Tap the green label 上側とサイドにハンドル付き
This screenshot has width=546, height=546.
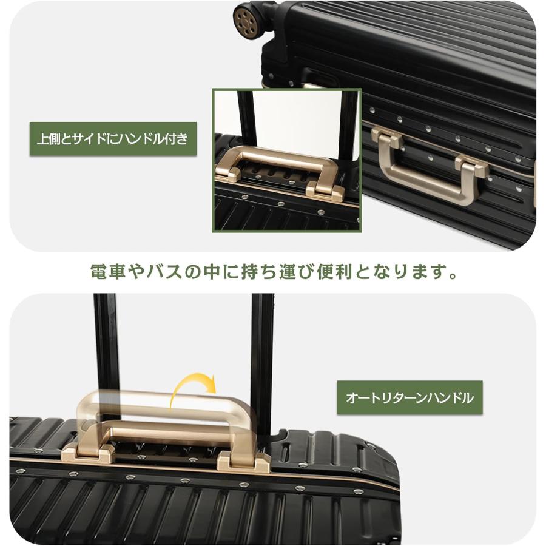click(113, 139)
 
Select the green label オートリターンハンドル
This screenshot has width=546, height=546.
click(409, 398)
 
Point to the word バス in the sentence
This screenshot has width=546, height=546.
click(164, 271)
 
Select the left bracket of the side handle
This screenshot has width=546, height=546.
click(386, 139)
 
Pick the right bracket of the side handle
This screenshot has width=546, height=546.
click(473, 166)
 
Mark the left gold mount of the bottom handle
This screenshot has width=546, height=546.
click(90, 453)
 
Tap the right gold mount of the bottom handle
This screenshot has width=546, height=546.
click(243, 461)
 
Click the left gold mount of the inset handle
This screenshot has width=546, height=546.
click(227, 172)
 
